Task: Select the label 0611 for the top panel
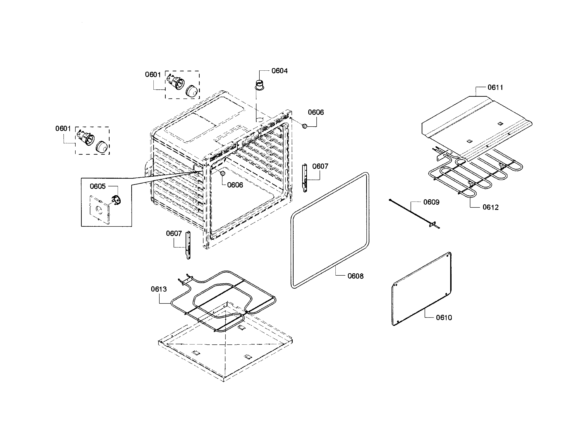click(495, 87)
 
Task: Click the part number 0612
click(490, 207)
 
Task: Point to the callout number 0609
click(431, 202)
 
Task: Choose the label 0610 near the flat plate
click(444, 318)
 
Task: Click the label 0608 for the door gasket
click(355, 276)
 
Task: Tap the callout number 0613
click(158, 289)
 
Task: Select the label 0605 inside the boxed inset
click(98, 186)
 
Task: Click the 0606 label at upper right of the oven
click(316, 112)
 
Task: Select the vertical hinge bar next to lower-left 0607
click(188, 245)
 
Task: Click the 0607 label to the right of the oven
click(320, 166)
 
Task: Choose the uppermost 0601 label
click(153, 75)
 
